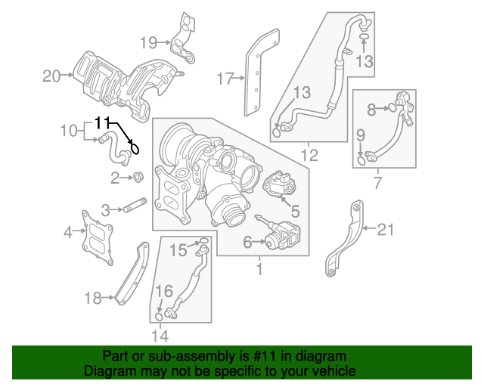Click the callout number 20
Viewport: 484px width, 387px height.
[51, 76]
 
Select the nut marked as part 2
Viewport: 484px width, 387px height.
[138, 178]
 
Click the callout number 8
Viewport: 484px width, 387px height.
[371, 110]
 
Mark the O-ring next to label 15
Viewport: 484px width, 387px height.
[203, 243]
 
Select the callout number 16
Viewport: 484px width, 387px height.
[164, 291]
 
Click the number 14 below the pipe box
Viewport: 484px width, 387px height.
[160, 335]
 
